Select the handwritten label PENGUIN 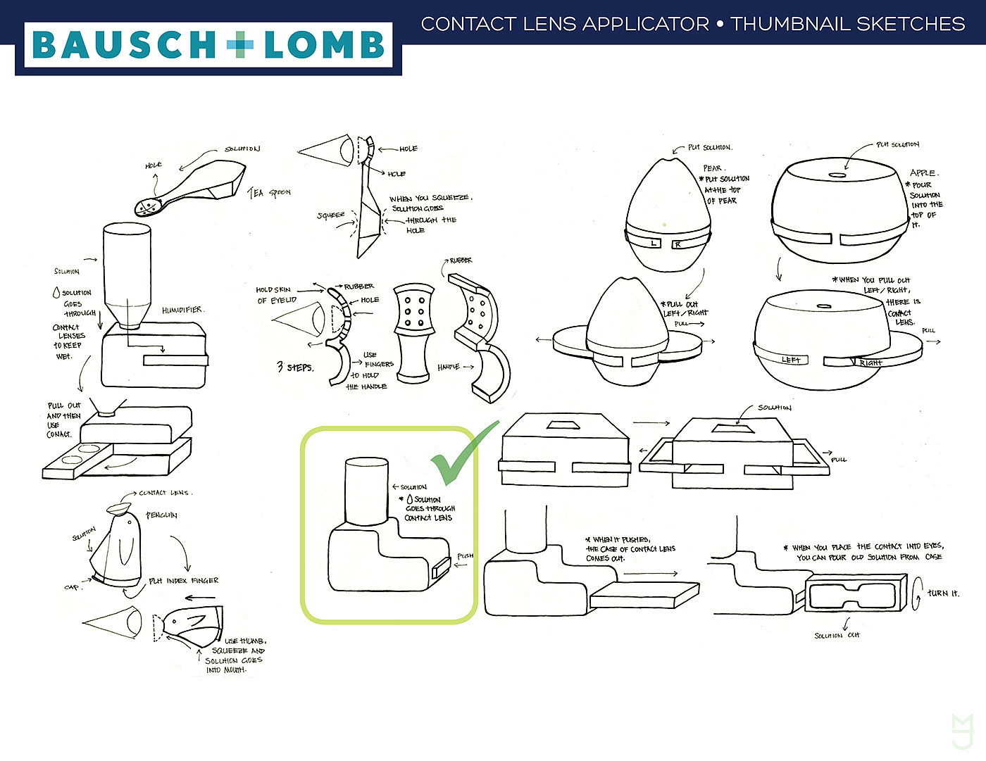161,515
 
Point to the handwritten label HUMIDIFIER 182,310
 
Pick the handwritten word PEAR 713,168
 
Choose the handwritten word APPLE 923,172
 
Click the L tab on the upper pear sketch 654,244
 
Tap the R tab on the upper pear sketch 677,244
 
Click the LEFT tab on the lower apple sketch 791,360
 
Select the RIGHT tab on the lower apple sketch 870,363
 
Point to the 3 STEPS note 295,367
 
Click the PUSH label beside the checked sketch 465,556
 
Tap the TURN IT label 942,593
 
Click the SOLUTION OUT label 836,636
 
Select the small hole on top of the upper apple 837,175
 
